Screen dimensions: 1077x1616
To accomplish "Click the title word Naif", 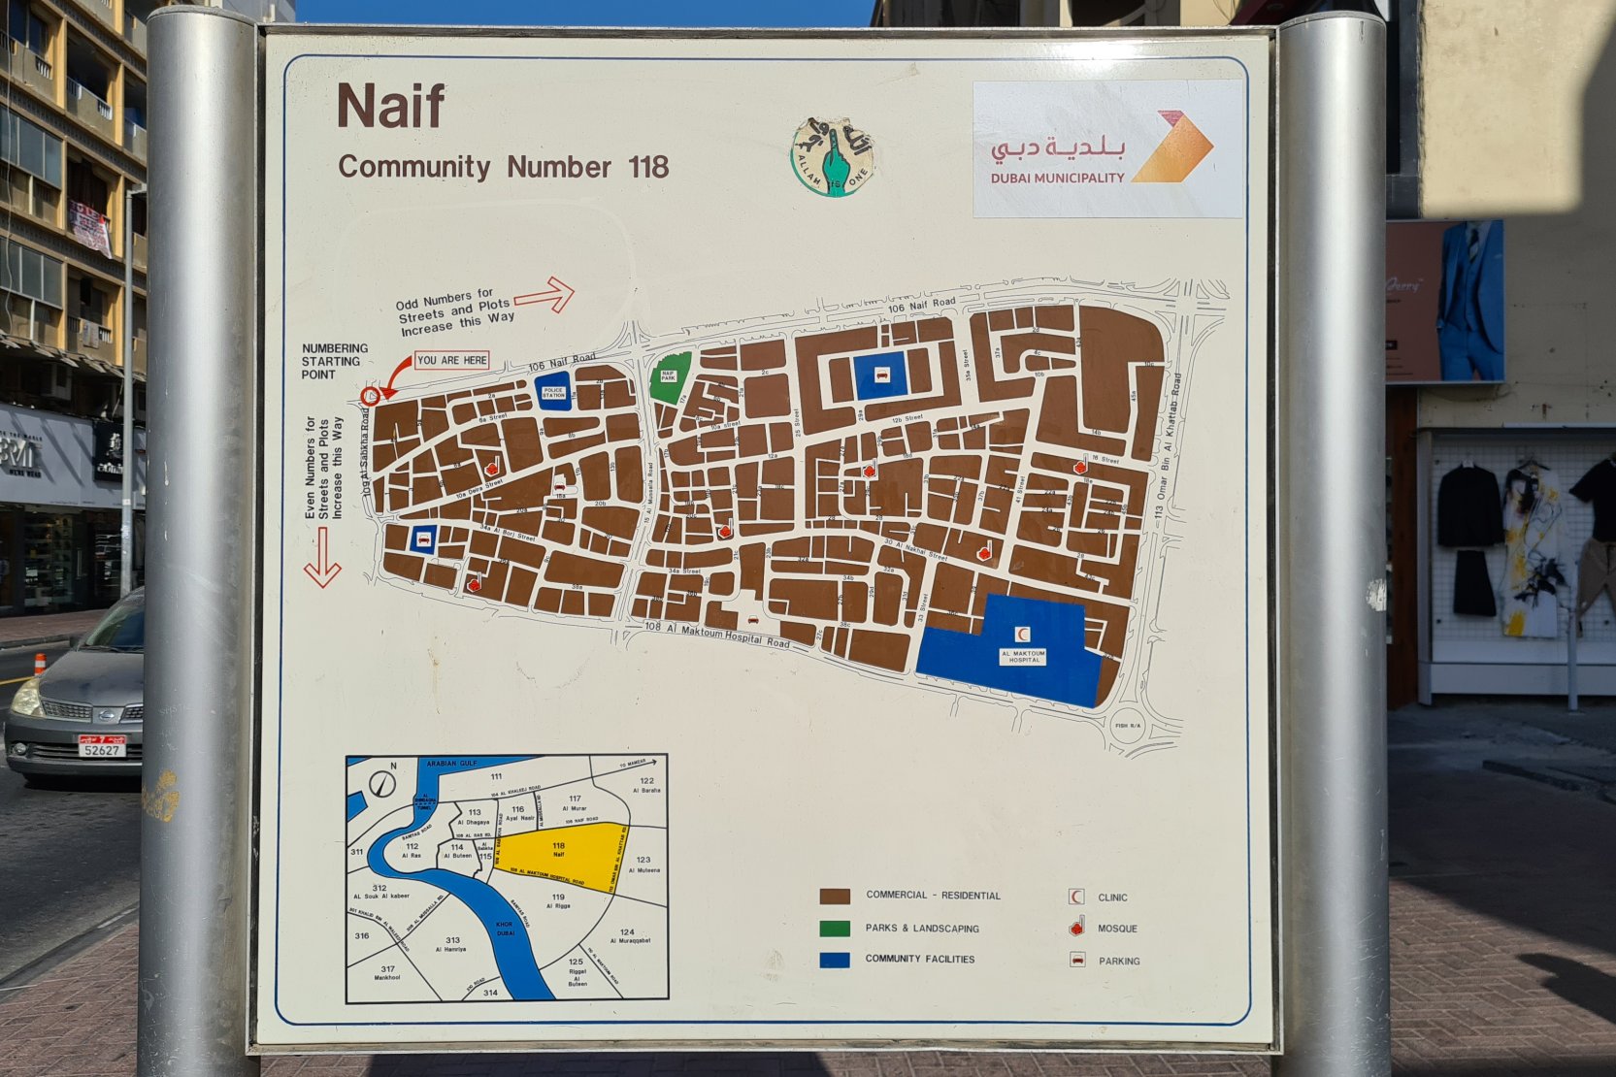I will (x=390, y=106).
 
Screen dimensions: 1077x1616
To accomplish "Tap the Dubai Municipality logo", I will (x=1107, y=148).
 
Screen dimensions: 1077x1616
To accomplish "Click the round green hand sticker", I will (x=832, y=157).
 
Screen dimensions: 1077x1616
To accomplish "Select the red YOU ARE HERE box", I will (x=451, y=360).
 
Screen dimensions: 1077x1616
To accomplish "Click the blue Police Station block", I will (x=553, y=392).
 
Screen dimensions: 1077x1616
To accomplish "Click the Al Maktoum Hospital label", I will (x=1023, y=657).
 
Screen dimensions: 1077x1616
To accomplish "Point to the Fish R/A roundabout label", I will (x=1128, y=725).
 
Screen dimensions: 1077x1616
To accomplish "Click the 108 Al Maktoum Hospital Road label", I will (x=717, y=634).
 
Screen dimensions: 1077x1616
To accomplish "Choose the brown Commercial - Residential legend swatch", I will (x=835, y=897).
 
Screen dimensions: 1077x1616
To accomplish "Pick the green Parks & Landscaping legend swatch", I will (x=835, y=929).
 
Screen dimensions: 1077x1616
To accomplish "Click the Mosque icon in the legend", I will (x=1076, y=929).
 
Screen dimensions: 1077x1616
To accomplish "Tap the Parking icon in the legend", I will (x=1076, y=961).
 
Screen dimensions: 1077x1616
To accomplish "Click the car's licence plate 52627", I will (x=102, y=748).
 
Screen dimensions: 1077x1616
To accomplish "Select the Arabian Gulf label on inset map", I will (x=453, y=765).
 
